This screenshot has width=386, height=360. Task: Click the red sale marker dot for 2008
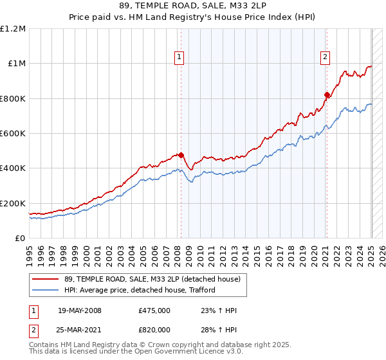(x=181, y=155)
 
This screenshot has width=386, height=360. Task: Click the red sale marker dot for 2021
(x=327, y=95)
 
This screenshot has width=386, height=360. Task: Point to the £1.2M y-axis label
(x=14, y=29)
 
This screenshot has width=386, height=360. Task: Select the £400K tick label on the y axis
(x=13, y=168)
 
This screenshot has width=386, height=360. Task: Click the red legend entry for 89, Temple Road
(x=152, y=279)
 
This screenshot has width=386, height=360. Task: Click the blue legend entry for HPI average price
(x=139, y=290)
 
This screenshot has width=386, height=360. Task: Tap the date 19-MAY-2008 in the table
(x=79, y=310)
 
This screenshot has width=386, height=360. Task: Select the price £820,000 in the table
(x=154, y=329)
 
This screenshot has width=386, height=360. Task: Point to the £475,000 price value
(x=154, y=310)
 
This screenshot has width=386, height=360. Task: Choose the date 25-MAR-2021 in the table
(x=80, y=329)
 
